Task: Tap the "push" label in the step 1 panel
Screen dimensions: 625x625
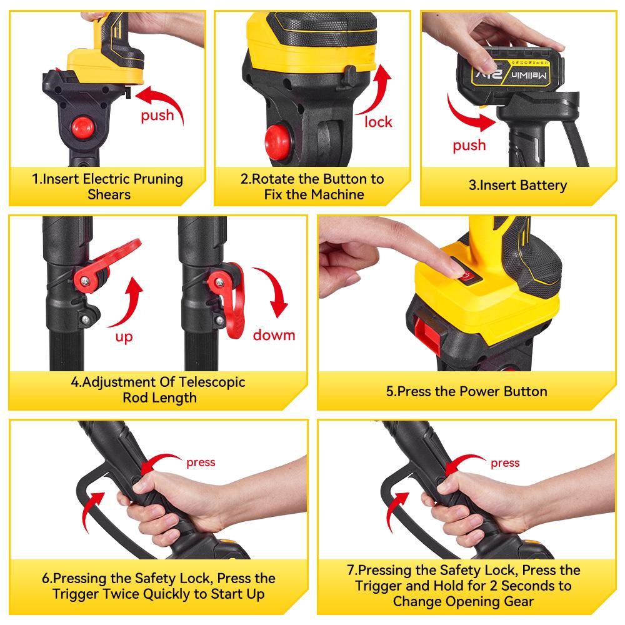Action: point(157,116)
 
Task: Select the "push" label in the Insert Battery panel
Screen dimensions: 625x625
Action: point(469,145)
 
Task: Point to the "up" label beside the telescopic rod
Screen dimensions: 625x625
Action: point(124,337)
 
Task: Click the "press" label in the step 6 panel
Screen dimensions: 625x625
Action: point(201,462)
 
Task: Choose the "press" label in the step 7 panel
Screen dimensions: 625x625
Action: point(505,463)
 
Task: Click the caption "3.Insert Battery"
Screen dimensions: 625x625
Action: point(517,185)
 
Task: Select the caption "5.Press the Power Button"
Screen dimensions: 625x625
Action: point(466,392)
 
